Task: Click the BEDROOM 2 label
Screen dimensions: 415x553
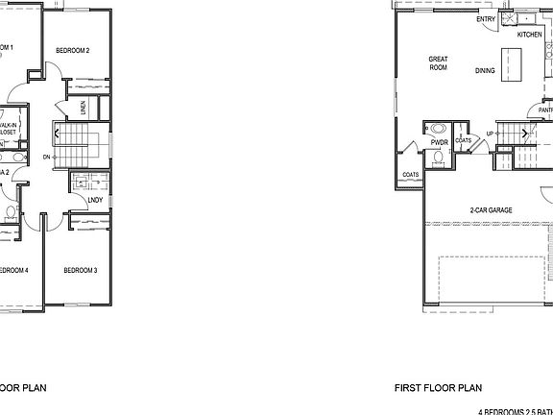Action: [x=72, y=50]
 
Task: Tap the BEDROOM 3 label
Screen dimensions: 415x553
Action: [x=81, y=271]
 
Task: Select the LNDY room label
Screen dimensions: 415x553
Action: [x=94, y=200]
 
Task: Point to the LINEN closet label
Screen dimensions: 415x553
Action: [x=84, y=108]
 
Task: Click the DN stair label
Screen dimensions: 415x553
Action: [x=47, y=156]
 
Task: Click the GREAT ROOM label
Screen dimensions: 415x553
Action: [x=439, y=63]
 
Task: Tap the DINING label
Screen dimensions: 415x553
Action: [x=486, y=70]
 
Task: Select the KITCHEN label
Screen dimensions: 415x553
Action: [x=529, y=35]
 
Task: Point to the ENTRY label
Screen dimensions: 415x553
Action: [x=486, y=18]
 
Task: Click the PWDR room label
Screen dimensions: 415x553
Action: [x=440, y=142]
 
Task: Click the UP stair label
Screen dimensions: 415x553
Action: [x=490, y=134]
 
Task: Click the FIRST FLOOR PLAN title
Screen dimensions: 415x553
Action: [x=437, y=389]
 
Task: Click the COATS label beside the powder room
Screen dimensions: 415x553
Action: [x=464, y=140]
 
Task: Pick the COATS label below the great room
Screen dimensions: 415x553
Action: [x=410, y=175]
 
